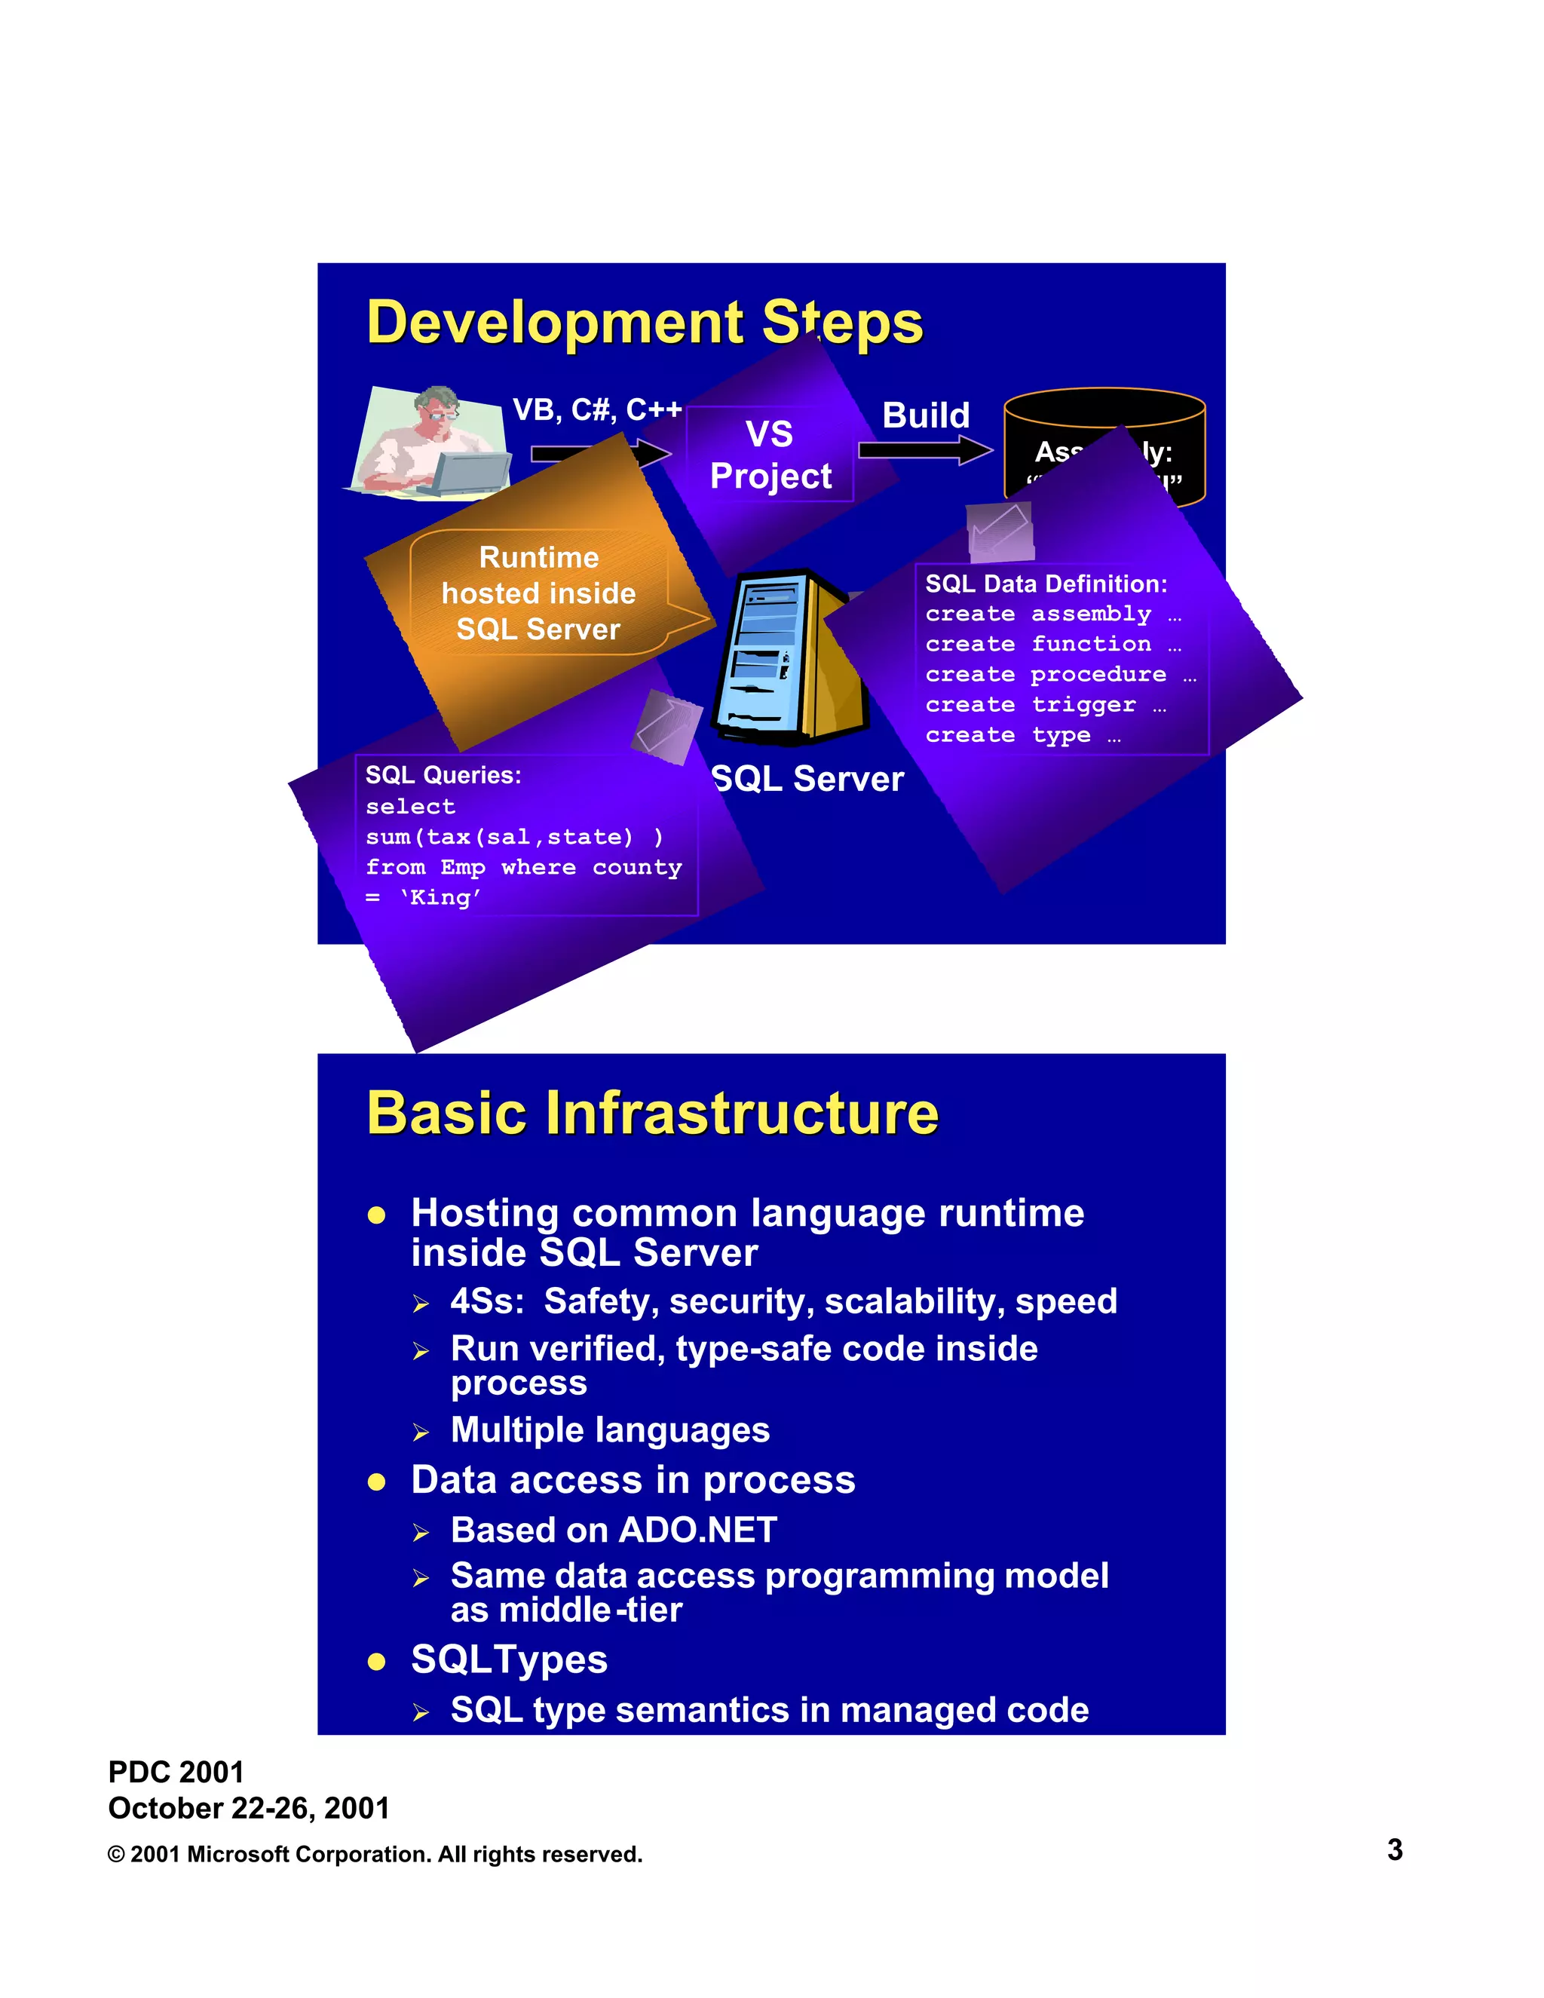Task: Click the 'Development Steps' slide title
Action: [644, 322]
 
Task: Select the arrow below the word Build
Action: [924, 449]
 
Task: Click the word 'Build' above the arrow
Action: [925, 415]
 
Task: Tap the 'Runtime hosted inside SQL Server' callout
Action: [539, 593]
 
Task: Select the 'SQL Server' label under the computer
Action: [807, 779]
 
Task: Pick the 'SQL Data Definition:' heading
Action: [1046, 584]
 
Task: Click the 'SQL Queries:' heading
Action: [443, 775]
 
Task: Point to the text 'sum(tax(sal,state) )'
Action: [514, 836]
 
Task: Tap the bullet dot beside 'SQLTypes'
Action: [376, 1661]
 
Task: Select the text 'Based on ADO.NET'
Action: [614, 1530]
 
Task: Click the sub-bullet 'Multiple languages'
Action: [610, 1430]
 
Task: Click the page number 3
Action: [1394, 1849]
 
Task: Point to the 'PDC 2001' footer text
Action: [176, 1772]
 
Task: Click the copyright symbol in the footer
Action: [116, 1855]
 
